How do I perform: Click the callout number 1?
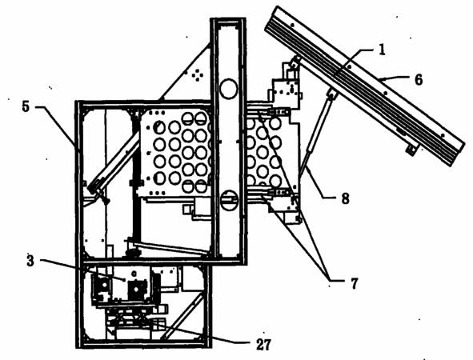tap(382, 50)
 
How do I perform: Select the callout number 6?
tap(419, 79)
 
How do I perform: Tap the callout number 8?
tap(345, 198)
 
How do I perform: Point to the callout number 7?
tap(354, 283)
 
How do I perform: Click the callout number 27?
tap(263, 345)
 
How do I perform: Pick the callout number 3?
tap(30, 261)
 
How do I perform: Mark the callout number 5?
tap(26, 106)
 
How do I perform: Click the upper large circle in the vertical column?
tap(228, 89)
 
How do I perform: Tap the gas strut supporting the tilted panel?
tap(318, 133)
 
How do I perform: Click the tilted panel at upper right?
tap(364, 86)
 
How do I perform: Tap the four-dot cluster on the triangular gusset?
tap(198, 74)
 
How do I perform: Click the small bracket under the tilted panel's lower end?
tap(411, 150)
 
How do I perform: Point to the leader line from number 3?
tap(83, 270)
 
